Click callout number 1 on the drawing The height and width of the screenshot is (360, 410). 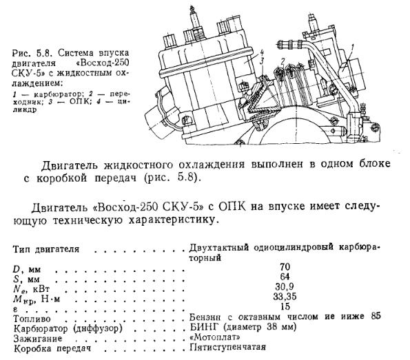coord(352,47)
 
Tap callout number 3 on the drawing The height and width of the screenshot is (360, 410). coord(262,61)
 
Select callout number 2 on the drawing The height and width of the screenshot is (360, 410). coord(282,61)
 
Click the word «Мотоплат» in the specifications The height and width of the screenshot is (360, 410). coord(215,337)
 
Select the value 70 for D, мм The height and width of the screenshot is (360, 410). coord(285,267)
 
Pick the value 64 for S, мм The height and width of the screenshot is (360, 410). coord(285,277)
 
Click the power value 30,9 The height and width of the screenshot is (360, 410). coord(284,286)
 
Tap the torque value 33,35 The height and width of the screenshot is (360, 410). coord(285,297)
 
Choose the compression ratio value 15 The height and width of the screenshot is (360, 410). coord(285,306)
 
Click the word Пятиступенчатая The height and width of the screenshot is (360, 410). coord(227,347)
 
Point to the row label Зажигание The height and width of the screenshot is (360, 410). coord(38,339)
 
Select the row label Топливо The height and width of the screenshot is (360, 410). coord(32,319)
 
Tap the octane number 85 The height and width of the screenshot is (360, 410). coord(376,316)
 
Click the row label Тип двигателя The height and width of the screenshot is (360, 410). coord(45,249)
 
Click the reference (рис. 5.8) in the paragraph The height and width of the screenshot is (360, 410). coord(171,178)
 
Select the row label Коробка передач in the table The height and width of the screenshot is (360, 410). coord(52,348)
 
